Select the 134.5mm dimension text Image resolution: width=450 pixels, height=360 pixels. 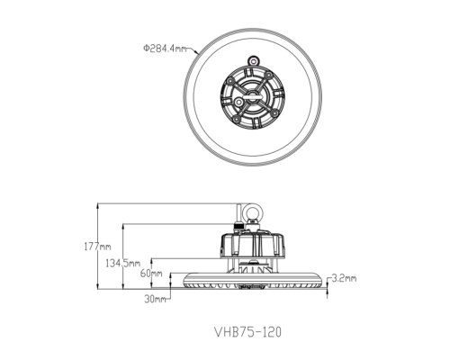click(x=122, y=262)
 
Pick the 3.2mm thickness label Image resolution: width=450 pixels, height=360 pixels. click(x=344, y=278)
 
